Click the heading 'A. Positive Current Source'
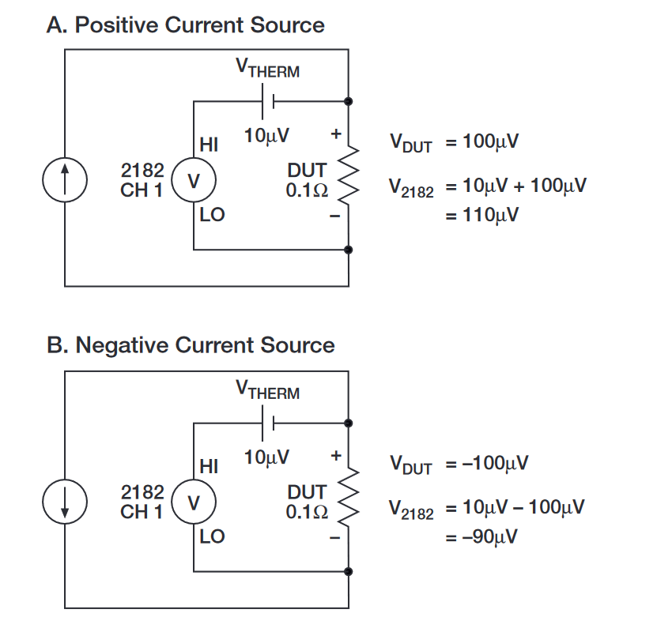[x=185, y=25]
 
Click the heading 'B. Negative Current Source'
[x=190, y=345]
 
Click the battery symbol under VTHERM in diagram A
[x=270, y=101]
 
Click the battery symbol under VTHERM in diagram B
[x=270, y=423]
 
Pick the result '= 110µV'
[x=481, y=215]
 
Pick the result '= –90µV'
[x=481, y=536]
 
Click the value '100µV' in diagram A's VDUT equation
[x=490, y=142]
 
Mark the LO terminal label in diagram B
[x=212, y=537]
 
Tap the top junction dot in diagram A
[x=349, y=101]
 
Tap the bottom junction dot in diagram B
[x=349, y=570]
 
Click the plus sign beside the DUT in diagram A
[x=335, y=134]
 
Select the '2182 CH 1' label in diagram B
[x=142, y=502]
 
